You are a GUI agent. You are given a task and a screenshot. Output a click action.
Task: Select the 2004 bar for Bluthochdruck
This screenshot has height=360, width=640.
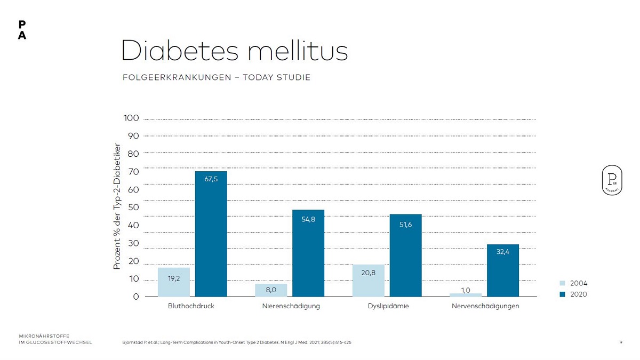click(173, 282)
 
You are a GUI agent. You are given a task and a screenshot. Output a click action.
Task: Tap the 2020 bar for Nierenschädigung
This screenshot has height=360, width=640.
click(308, 253)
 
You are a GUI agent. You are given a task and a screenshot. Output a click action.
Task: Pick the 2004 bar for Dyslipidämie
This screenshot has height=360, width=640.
click(368, 281)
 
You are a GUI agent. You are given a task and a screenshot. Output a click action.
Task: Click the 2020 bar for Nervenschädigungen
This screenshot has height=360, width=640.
click(502, 270)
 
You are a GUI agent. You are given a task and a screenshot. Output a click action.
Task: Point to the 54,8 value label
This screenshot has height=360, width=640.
click(308, 219)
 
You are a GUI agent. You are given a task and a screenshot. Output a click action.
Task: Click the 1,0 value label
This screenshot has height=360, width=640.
click(465, 290)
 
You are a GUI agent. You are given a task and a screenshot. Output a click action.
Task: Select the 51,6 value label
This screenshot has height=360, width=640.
click(405, 225)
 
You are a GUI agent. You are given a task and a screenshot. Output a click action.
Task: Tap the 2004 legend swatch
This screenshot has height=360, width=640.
click(562, 284)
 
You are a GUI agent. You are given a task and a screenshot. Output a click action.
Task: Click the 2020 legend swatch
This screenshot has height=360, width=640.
click(562, 294)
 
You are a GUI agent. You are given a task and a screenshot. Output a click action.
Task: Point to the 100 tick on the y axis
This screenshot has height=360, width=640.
click(131, 118)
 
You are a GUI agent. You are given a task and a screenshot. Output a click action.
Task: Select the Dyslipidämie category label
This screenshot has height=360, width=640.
click(388, 306)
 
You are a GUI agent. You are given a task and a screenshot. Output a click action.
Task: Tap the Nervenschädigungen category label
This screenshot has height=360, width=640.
click(485, 306)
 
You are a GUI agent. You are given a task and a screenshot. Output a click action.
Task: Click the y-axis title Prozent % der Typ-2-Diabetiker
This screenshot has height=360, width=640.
click(117, 206)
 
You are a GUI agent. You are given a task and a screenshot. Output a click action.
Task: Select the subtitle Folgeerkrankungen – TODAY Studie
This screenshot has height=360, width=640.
click(216, 77)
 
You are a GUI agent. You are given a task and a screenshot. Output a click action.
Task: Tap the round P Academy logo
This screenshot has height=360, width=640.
click(612, 180)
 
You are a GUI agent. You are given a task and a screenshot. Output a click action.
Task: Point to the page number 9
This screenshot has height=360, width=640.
click(621, 342)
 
